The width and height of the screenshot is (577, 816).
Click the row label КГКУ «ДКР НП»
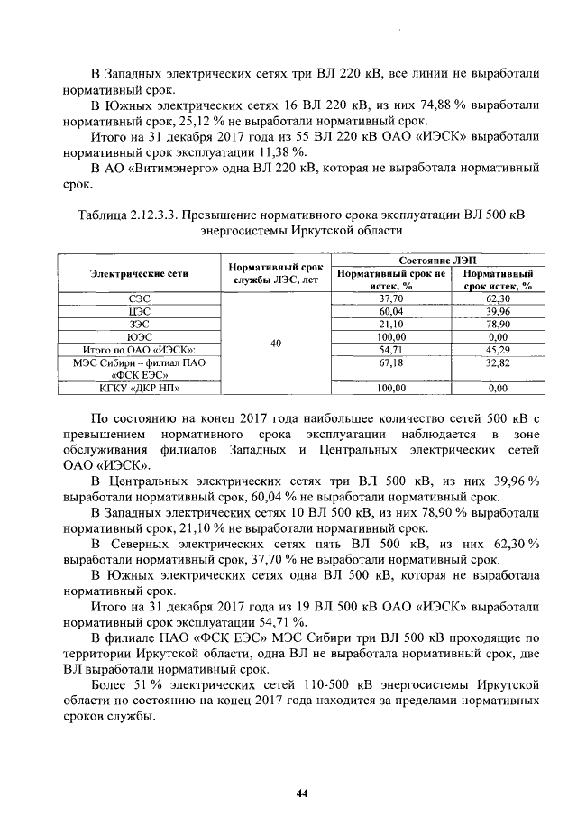pyautogui.click(x=140, y=389)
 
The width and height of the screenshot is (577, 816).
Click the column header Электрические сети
pyautogui.click(x=140, y=273)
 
